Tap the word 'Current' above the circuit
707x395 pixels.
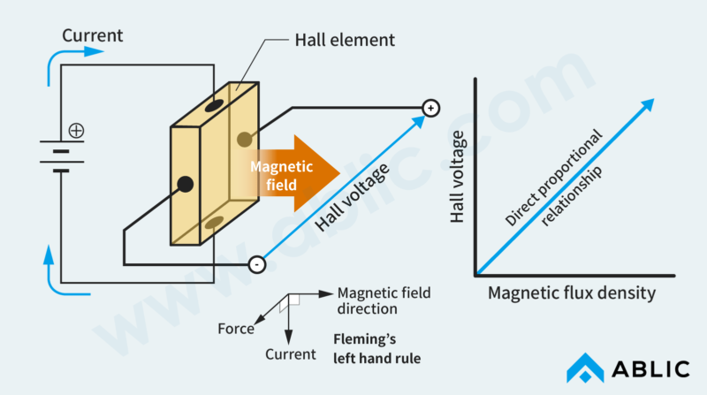(93, 36)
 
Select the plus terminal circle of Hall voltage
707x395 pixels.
(430, 108)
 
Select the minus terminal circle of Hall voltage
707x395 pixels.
(255, 263)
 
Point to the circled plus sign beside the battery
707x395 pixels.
(77, 131)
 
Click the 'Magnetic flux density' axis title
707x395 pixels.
(572, 292)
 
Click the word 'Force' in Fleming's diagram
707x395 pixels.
(236, 329)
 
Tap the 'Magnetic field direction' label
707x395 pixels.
(380, 300)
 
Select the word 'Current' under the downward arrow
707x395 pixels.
(290, 354)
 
